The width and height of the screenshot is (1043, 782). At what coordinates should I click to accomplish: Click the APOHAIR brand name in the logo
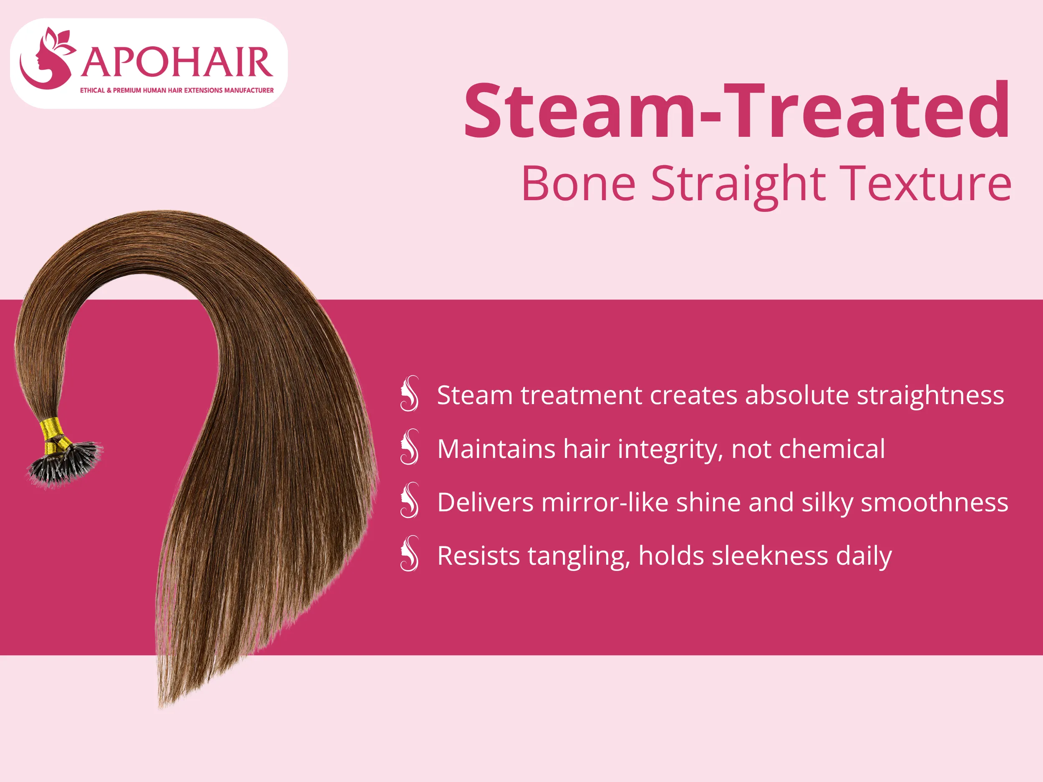coord(177,62)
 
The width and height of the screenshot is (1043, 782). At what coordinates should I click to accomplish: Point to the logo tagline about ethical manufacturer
coord(176,91)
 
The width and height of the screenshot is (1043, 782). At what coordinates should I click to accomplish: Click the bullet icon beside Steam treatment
coord(409,394)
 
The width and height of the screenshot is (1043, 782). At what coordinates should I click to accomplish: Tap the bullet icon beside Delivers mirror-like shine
coord(409,500)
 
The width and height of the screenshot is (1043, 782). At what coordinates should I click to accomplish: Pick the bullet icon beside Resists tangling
coord(409,554)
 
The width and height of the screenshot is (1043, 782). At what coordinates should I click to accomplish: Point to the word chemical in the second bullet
coord(832,449)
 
